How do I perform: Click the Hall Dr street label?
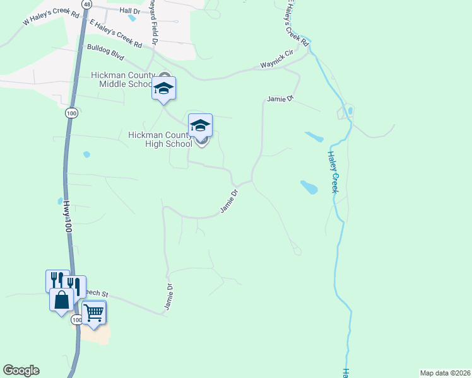129,11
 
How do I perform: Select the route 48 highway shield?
86,4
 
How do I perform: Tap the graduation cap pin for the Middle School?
163,88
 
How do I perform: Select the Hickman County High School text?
160,139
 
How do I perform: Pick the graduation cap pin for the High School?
200,124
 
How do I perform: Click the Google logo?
21,370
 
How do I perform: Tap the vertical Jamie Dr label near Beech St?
168,296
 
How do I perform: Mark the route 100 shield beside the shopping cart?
77,320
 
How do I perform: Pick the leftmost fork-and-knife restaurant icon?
55,279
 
